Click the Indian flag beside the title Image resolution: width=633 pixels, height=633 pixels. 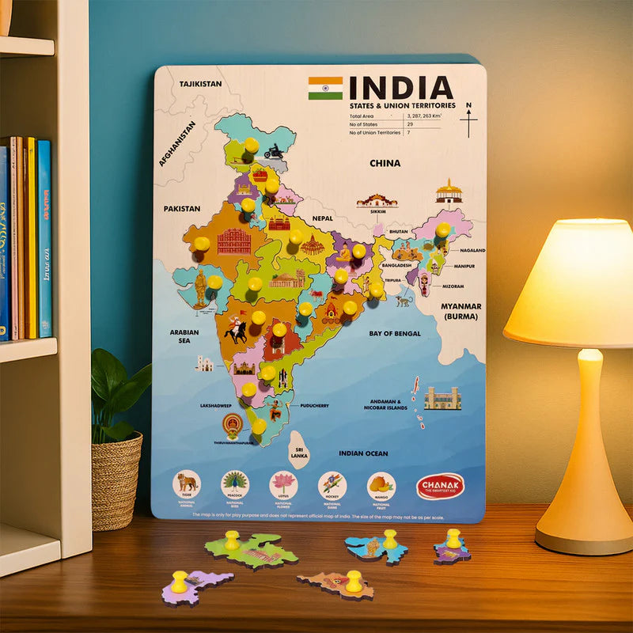(325, 88)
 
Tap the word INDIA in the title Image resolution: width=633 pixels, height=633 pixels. (401, 88)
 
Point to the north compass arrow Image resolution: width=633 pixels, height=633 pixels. (468, 119)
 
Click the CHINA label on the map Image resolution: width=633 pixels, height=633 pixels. (385, 163)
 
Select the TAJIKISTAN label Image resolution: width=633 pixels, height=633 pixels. (200, 83)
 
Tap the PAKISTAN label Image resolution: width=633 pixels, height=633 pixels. (182, 209)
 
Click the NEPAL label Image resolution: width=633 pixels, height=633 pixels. (323, 218)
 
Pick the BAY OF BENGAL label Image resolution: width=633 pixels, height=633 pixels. (395, 334)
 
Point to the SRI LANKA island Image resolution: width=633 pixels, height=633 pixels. (298, 448)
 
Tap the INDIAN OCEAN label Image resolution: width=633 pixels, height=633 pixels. (363, 453)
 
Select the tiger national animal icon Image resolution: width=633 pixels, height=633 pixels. (187, 483)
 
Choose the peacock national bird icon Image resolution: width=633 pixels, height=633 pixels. (235, 483)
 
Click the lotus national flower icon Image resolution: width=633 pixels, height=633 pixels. (283, 483)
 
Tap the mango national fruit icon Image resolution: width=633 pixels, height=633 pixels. (381, 483)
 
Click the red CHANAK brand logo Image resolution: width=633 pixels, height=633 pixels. (440, 486)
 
